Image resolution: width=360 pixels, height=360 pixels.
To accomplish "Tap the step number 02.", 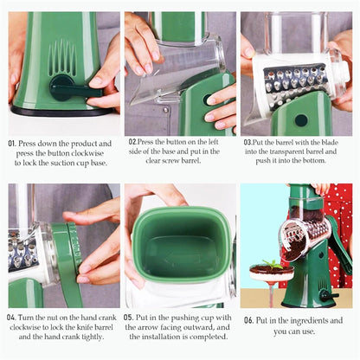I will tap(133, 142).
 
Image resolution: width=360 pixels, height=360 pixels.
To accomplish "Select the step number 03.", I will tap(248, 142).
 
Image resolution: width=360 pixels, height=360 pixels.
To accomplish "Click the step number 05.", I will tap(128, 318).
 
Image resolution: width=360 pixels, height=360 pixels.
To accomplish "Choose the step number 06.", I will tap(247, 319).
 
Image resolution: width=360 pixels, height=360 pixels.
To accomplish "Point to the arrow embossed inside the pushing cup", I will tap(178, 259).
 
